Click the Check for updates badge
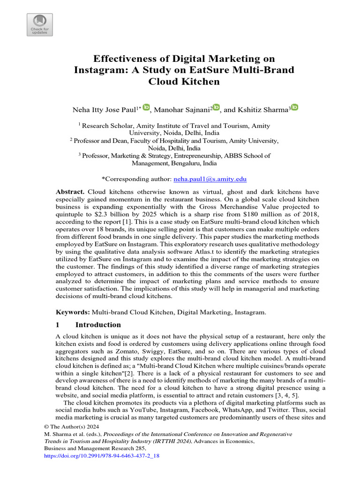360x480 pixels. click(39, 25)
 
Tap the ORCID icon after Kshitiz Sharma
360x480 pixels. click(294, 108)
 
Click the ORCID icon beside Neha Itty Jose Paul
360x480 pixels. click(146, 108)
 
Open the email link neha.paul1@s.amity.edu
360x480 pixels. click(210, 179)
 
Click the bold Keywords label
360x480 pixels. click(73, 312)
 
